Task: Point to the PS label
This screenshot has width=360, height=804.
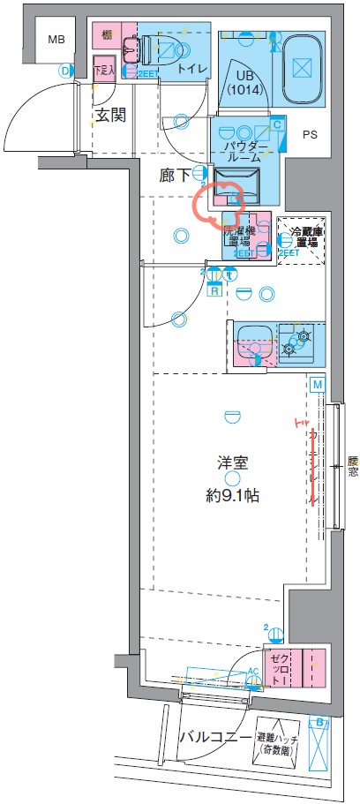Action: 310,135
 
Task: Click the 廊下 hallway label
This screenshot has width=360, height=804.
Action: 174,175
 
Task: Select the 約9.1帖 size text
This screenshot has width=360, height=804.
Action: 233,495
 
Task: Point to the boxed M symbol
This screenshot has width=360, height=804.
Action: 316,384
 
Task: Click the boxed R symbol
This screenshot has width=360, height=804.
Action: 214,291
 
